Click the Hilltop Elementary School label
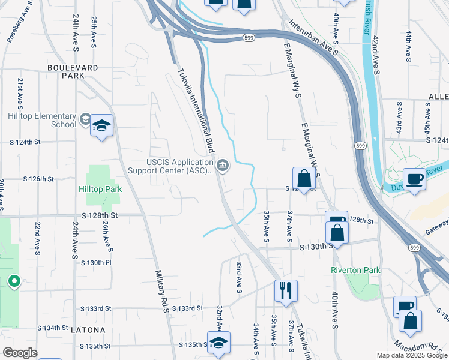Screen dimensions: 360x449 pyautogui.click(x=42, y=120)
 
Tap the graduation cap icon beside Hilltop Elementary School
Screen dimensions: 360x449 pyautogui.click(x=102, y=125)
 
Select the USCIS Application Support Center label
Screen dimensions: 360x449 pyautogui.click(x=170, y=166)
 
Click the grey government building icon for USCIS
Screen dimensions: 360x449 pyautogui.click(x=223, y=164)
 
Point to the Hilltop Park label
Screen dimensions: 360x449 pyautogui.click(x=100, y=189)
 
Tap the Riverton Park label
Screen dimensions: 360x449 pyautogui.click(x=355, y=270)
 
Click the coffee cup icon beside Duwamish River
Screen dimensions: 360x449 pyautogui.click(x=414, y=178)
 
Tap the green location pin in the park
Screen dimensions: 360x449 pyautogui.click(x=14, y=280)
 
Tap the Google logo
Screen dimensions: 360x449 pyautogui.click(x=20, y=353)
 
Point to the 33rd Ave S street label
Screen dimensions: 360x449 pyautogui.click(x=239, y=277)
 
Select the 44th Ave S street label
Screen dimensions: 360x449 pyautogui.click(x=408, y=46)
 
